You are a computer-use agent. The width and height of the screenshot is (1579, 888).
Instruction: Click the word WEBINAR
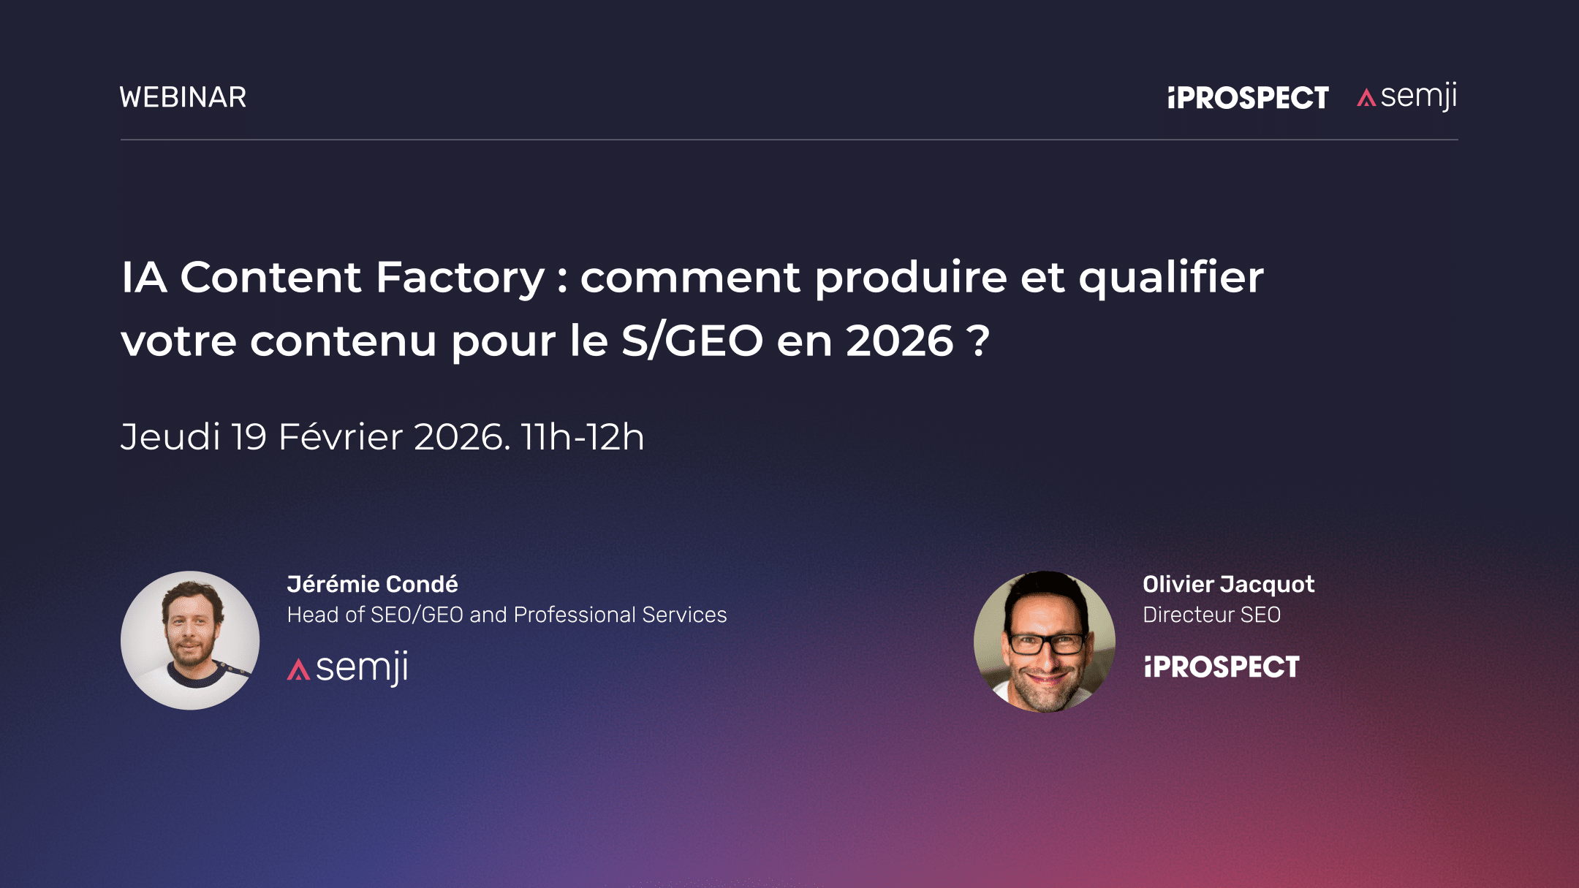point(183,97)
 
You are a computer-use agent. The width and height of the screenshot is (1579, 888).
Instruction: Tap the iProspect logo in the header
point(1248,98)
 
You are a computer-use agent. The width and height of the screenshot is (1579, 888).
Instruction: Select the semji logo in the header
point(1407,96)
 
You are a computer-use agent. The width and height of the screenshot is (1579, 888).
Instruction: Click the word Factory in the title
point(461,278)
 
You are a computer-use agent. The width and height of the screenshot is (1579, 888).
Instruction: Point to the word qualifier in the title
point(1171,278)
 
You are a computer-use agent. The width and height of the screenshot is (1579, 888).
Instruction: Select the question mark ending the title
point(978,341)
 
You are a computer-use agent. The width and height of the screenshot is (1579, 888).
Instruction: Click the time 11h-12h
point(583,437)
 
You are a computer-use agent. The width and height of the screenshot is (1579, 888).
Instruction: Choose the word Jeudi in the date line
point(170,437)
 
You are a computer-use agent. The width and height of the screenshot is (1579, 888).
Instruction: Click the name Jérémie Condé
point(372,584)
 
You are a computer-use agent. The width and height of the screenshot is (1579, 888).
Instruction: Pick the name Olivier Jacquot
point(1228,584)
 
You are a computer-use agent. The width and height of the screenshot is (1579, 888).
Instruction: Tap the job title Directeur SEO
point(1211,615)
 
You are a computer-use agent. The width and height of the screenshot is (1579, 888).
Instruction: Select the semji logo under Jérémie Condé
point(348,667)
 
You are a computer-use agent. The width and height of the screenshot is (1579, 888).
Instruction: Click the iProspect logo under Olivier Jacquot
point(1222,667)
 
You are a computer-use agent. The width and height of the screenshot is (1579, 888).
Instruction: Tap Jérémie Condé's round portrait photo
point(190,640)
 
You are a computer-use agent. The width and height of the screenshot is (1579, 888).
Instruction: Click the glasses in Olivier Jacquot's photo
point(1046,644)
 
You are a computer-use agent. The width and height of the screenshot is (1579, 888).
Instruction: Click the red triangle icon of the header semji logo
point(1366,98)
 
